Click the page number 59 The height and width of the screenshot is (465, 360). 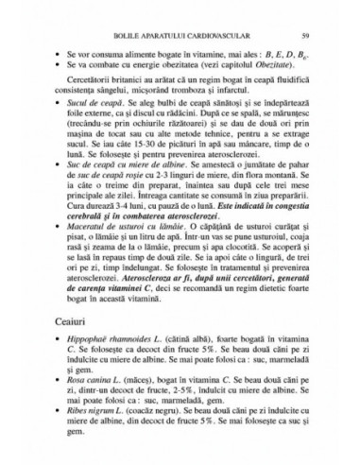[317, 35]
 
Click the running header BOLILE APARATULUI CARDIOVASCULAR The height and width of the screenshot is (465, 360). [180, 35]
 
